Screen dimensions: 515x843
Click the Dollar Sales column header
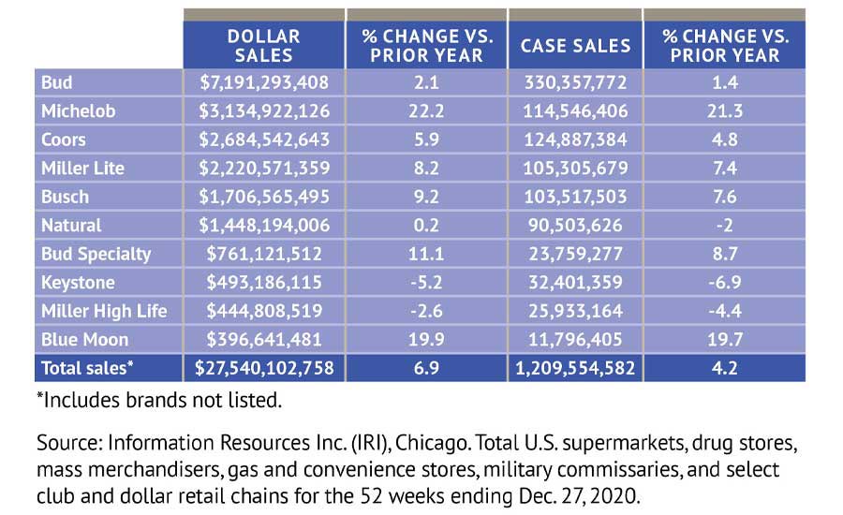264,45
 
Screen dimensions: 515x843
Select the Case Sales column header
575,45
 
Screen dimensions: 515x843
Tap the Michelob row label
79,111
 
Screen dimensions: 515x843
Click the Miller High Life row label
103,311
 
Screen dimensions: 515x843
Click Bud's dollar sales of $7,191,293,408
264,82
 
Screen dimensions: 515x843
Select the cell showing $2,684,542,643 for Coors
264,140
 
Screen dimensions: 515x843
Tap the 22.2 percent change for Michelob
426,111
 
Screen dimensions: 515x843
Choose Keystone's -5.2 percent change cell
426,283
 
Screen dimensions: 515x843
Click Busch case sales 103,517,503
575,197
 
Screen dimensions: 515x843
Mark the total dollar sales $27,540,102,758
264,368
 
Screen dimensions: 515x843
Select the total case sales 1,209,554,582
575,368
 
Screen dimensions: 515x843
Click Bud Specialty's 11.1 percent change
426,254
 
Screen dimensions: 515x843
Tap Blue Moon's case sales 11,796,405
575,339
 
